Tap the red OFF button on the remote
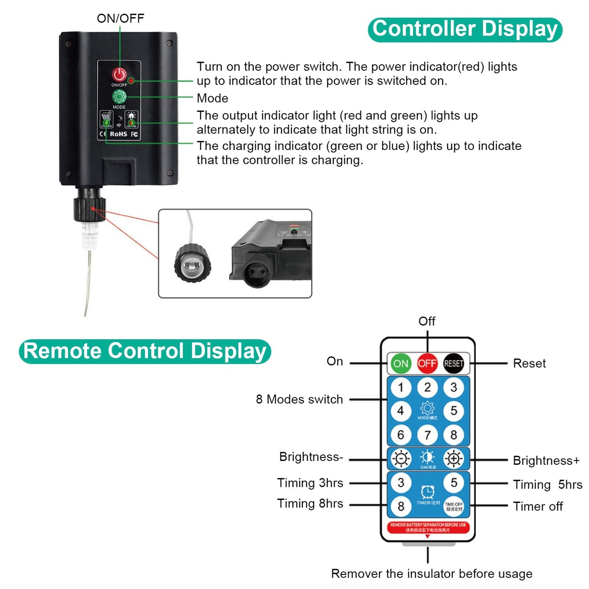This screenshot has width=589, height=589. click(427, 364)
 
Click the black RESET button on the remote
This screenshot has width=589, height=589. click(454, 364)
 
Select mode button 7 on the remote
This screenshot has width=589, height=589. click(427, 435)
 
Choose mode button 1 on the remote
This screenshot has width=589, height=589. click(401, 388)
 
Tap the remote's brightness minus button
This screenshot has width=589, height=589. click(401, 458)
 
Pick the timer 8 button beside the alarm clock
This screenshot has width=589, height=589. click(401, 506)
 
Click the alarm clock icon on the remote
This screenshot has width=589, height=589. click(428, 492)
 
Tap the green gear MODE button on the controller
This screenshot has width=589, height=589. click(119, 97)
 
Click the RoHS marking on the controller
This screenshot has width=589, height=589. click(118, 134)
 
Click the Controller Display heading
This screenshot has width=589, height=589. click(465, 29)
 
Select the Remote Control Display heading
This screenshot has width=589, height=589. click(145, 351)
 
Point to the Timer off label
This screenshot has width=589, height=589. click(538, 507)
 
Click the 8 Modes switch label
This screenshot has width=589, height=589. click(299, 399)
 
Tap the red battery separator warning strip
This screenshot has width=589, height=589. click(428, 527)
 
